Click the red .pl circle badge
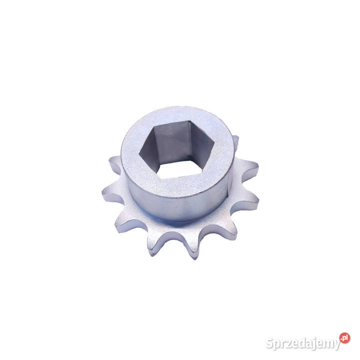pyautogui.click(x=344, y=338)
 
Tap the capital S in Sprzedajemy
pyautogui.click(x=270, y=343)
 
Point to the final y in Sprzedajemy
pyautogui.click(x=337, y=345)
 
